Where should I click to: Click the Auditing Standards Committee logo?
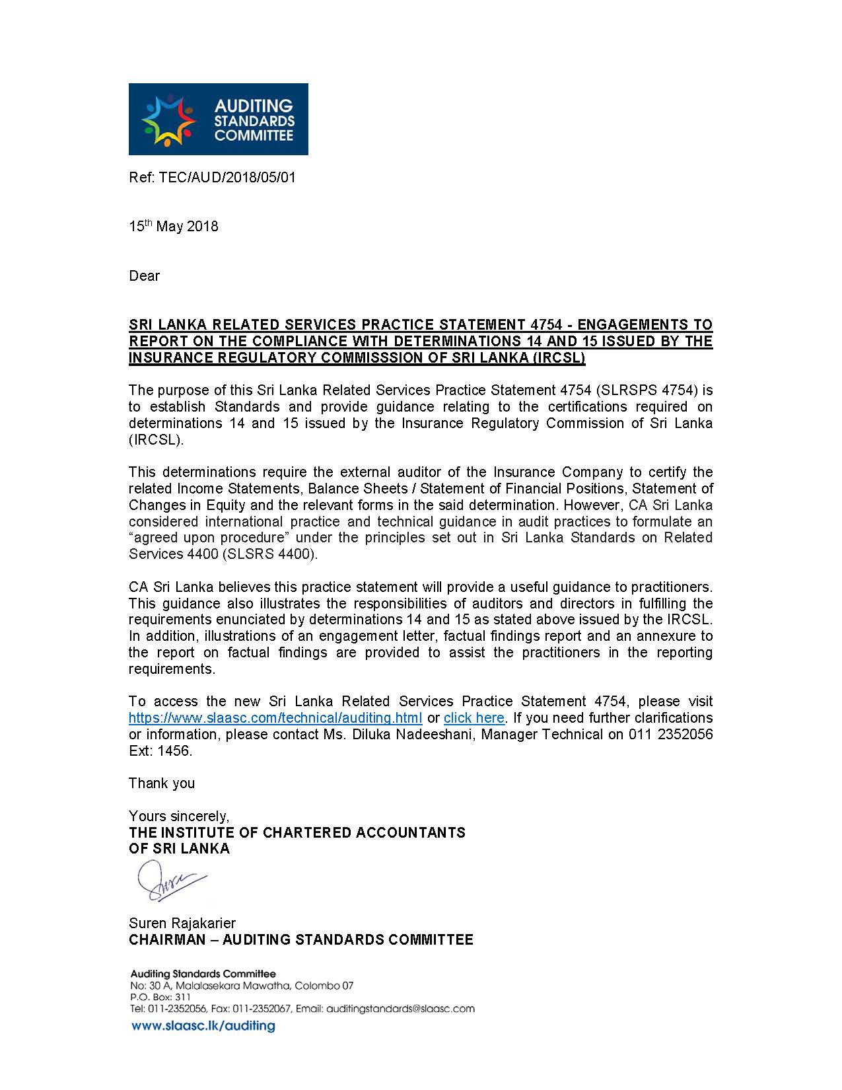click(x=218, y=119)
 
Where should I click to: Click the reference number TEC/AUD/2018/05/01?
click(x=227, y=177)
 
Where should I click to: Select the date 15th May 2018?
click(x=173, y=227)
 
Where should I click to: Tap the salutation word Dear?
click(x=144, y=276)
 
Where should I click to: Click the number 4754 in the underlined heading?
click(x=545, y=324)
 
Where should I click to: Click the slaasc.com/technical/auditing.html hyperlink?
click(x=275, y=718)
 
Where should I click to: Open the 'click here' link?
click(x=474, y=718)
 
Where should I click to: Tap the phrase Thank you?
click(x=162, y=783)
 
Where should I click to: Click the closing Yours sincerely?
click(x=179, y=817)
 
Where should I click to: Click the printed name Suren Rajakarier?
click(x=182, y=923)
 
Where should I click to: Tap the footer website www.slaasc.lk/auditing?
click(x=203, y=1026)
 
